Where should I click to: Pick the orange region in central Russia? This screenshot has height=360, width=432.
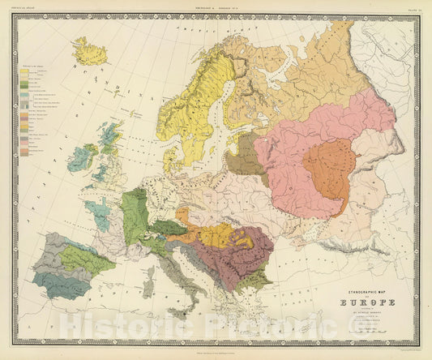pos(329,168)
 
